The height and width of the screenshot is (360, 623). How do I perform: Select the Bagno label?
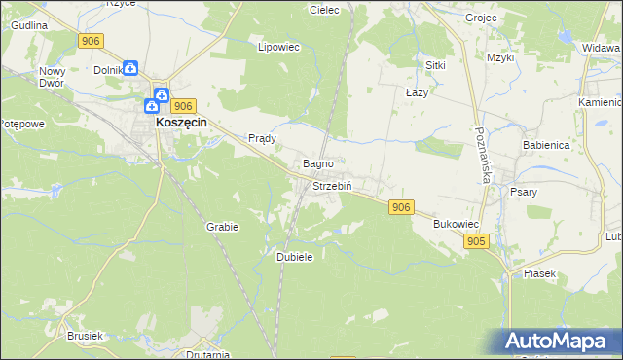pyautogui.click(x=318, y=163)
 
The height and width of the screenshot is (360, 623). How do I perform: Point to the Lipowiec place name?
pyautogui.click(x=275, y=46)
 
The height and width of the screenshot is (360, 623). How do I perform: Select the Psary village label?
pyautogui.click(x=524, y=192)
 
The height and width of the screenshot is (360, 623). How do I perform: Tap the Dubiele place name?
pyautogui.click(x=294, y=256)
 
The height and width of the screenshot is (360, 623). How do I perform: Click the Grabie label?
pyautogui.click(x=222, y=226)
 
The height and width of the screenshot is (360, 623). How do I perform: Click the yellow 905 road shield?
pyautogui.click(x=475, y=241)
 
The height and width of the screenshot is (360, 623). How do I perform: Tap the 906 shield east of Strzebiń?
pyautogui.click(x=401, y=207)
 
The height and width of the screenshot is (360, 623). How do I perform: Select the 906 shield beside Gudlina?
pyautogui.click(x=91, y=40)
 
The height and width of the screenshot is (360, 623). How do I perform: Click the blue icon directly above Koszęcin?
pyautogui.click(x=159, y=96)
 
